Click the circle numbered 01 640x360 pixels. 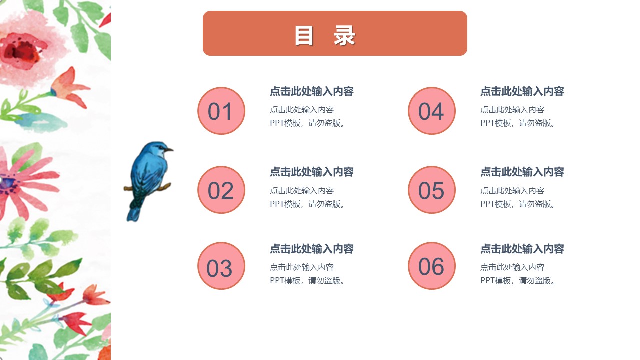(221, 111)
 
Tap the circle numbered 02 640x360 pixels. (221, 190)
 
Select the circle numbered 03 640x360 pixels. (221, 266)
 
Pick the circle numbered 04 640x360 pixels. (432, 111)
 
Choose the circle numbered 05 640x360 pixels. (432, 190)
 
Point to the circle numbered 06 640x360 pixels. (432, 266)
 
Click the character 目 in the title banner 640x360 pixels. (304, 36)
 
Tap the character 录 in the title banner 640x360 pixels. (344, 36)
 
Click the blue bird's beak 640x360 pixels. (170, 149)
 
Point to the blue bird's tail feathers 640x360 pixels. (134, 212)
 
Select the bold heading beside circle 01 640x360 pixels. (312, 91)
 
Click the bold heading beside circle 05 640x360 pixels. (522, 172)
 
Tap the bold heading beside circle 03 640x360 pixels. (312, 248)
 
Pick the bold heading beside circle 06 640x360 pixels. (522, 248)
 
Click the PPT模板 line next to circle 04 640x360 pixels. (518, 123)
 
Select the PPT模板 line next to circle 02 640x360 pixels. (308, 204)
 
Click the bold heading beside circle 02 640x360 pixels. (312, 172)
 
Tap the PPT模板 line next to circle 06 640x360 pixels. (518, 281)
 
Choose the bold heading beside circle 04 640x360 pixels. (522, 91)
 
